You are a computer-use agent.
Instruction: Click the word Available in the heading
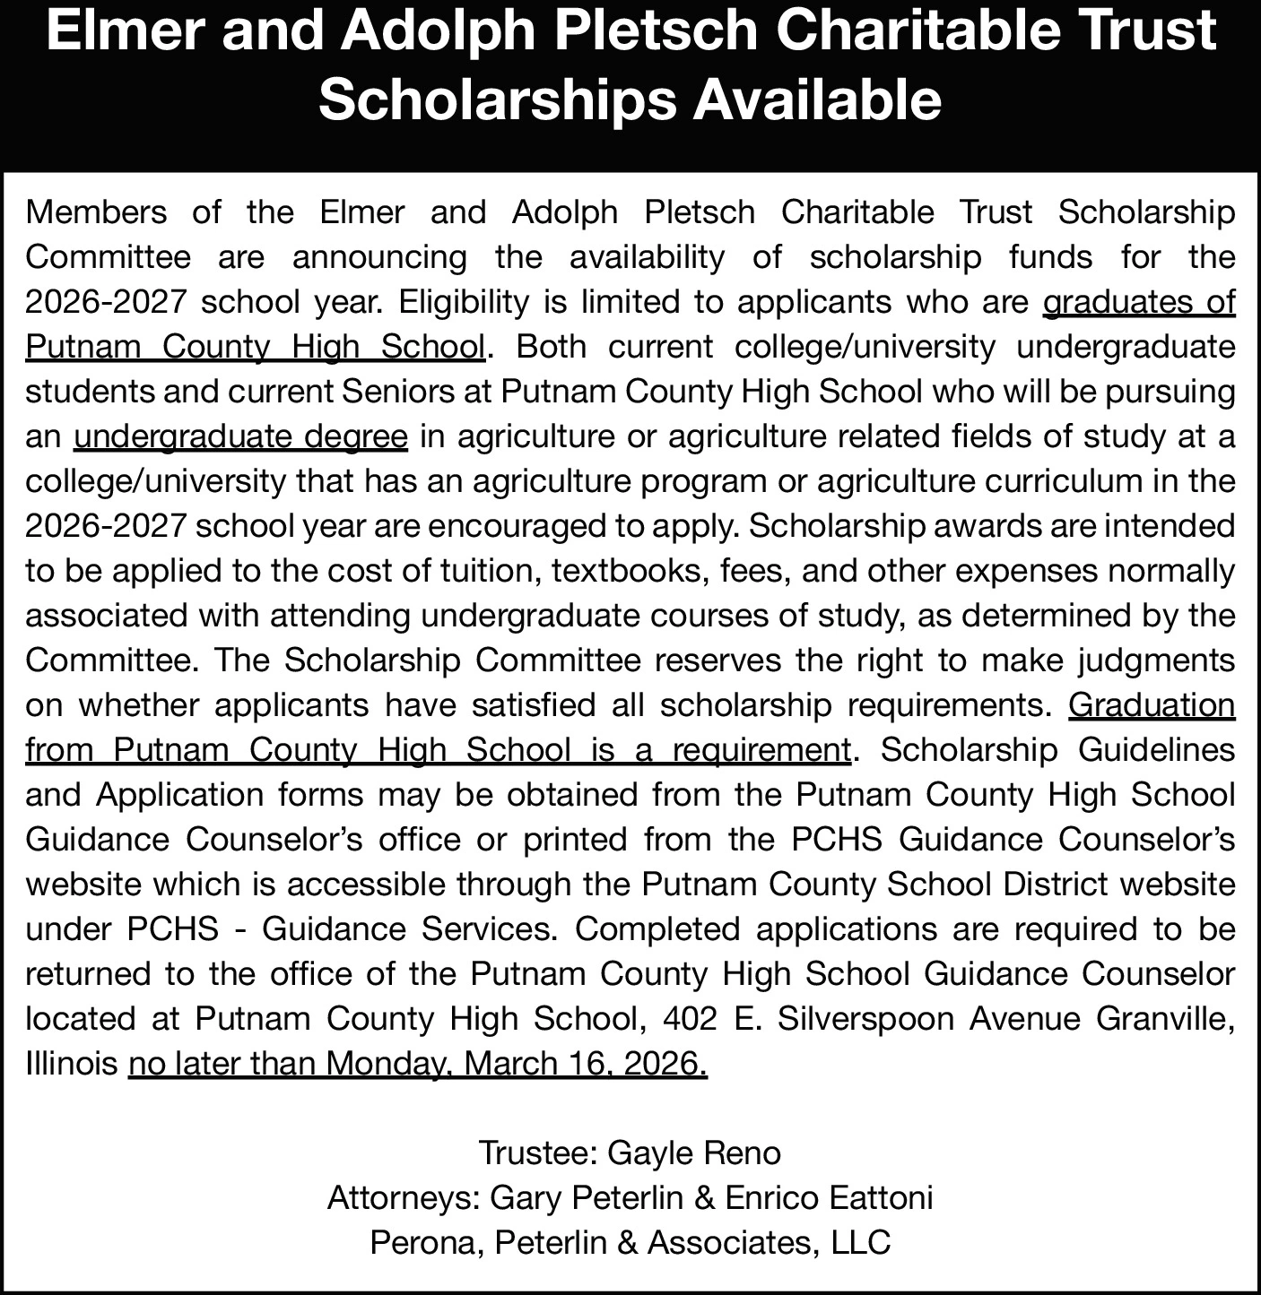(x=816, y=99)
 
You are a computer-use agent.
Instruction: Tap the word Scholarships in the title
(x=497, y=99)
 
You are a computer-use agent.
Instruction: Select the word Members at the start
(x=96, y=212)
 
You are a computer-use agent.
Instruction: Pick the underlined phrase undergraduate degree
(x=241, y=436)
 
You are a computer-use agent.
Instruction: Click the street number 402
(x=691, y=1019)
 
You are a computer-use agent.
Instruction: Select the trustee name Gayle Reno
(x=694, y=1153)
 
